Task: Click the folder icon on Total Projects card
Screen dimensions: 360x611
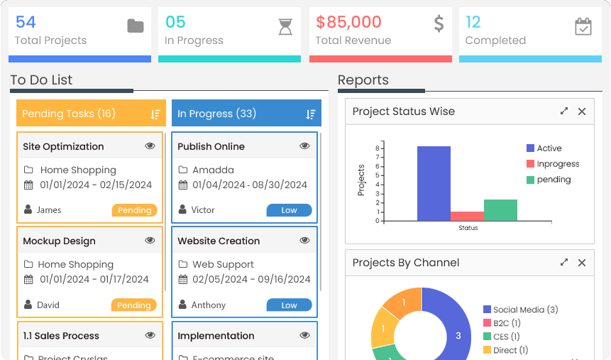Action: (x=135, y=26)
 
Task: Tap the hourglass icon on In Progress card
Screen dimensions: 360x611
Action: (x=285, y=26)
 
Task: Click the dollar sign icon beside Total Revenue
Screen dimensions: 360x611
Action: (x=439, y=24)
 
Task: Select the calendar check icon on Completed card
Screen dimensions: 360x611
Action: (x=583, y=26)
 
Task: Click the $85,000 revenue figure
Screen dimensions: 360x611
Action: (x=348, y=22)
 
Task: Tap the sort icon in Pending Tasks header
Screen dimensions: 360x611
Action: (x=155, y=114)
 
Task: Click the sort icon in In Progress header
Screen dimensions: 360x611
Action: (x=310, y=114)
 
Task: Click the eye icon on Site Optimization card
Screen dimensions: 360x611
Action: (x=150, y=146)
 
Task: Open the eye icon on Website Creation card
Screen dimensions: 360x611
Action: (x=304, y=241)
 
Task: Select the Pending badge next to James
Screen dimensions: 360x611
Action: (x=134, y=210)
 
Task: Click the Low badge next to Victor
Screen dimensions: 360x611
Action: (x=289, y=210)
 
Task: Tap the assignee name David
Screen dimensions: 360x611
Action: (x=48, y=305)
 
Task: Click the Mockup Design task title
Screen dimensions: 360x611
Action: (x=59, y=241)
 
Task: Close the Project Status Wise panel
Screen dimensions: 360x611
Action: (x=582, y=111)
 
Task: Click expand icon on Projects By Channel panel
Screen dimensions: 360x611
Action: (x=564, y=263)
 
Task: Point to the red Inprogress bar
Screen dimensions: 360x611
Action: (x=467, y=216)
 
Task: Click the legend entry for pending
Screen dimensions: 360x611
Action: (x=554, y=180)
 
